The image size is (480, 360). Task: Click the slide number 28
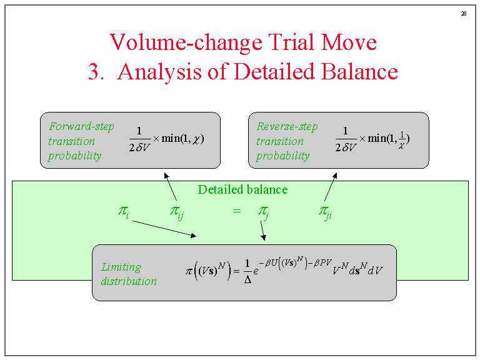tap(464, 14)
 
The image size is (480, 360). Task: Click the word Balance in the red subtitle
tap(359, 72)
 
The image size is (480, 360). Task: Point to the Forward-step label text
tap(81, 127)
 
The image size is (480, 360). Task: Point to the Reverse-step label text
tap(287, 127)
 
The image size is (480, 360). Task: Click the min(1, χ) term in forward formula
tap(183, 137)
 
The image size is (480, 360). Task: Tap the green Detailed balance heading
tap(242, 189)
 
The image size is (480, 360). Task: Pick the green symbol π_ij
tap(176, 212)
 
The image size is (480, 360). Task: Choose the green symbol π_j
tap(264, 212)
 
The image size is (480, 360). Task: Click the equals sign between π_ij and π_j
tap(236, 211)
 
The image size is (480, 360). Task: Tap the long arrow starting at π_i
tap(164, 228)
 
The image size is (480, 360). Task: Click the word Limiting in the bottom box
tap(121, 267)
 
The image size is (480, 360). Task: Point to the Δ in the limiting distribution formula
tap(247, 281)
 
